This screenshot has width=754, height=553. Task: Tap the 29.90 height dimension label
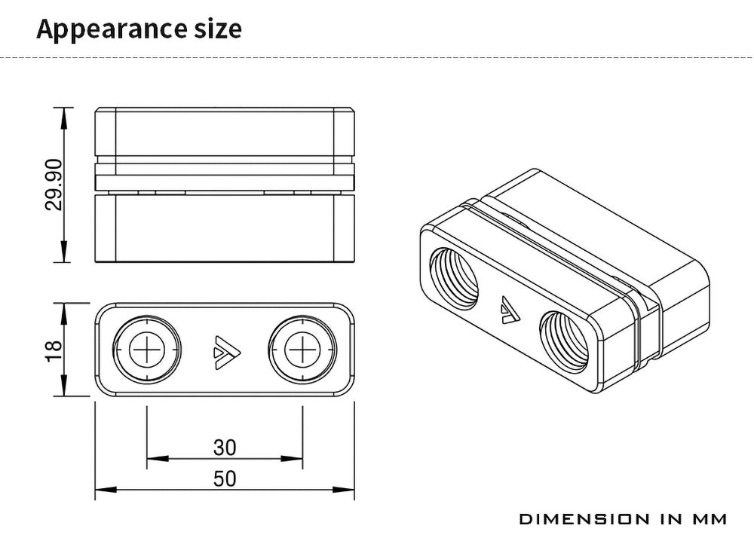click(54, 185)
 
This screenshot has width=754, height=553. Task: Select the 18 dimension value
click(54, 350)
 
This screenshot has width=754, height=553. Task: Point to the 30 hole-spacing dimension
click(225, 448)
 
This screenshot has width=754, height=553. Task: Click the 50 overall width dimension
click(225, 478)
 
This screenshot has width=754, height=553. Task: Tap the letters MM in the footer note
click(710, 519)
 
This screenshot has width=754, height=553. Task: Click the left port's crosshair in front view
click(147, 350)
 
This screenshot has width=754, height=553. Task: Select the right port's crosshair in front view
click(302, 350)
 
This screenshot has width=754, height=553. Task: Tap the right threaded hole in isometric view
click(564, 342)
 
